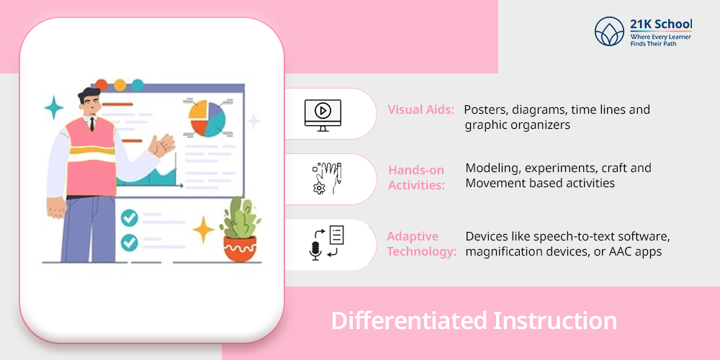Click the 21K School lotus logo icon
tap(609, 31)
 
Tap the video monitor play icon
tap(323, 115)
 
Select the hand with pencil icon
tap(327, 178)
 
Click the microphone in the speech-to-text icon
tap(315, 251)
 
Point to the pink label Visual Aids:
tap(421, 109)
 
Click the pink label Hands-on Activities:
tap(417, 178)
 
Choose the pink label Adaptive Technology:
tap(421, 244)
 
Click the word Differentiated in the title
tap(408, 320)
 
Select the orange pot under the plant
tap(240, 248)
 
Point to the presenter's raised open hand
tap(161, 145)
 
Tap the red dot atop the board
tap(101, 85)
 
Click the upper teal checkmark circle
tap(129, 217)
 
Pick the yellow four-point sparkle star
tap(204, 229)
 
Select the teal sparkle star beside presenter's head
tap(54, 108)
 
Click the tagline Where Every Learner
tap(661, 36)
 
